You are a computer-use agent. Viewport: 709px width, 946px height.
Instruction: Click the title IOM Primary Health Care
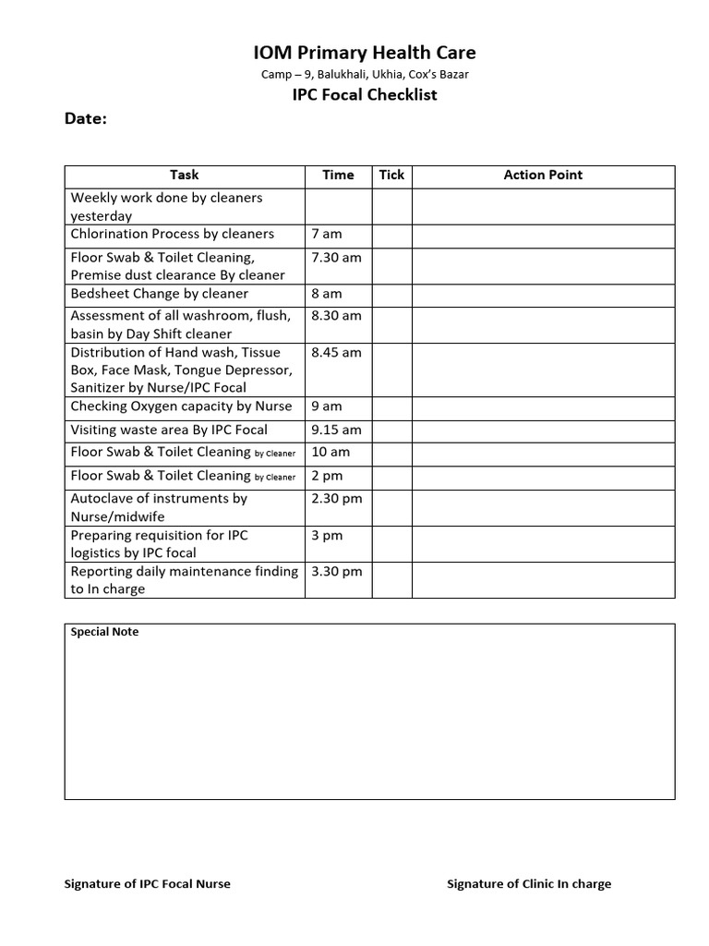click(x=365, y=53)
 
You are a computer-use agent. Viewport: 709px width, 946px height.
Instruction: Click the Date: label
click(x=85, y=119)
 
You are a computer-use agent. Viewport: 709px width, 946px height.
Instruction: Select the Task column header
click(x=184, y=175)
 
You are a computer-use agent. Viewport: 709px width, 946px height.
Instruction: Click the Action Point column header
click(x=543, y=175)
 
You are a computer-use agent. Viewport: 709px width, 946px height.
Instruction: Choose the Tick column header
click(x=391, y=175)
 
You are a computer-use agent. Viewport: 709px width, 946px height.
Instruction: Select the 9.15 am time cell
click(x=337, y=430)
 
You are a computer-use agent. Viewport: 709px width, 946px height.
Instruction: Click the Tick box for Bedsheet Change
click(x=391, y=294)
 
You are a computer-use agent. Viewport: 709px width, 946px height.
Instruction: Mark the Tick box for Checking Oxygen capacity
click(x=391, y=406)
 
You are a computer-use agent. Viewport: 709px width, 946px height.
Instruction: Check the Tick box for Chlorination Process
click(x=391, y=235)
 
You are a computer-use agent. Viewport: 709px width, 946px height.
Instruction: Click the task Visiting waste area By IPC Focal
click(x=169, y=430)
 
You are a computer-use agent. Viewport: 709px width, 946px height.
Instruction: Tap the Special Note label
click(x=105, y=633)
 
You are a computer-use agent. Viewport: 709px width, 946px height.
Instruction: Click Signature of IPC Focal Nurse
click(x=147, y=884)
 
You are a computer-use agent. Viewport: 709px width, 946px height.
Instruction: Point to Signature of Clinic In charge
click(x=529, y=884)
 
